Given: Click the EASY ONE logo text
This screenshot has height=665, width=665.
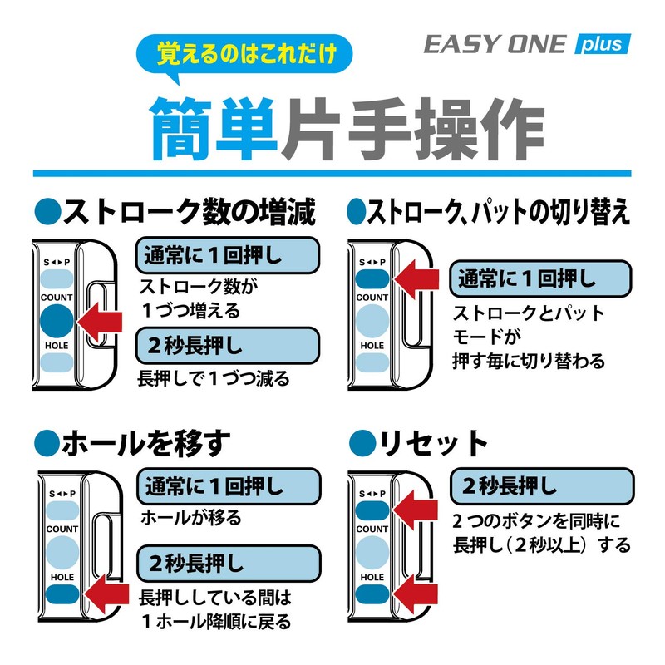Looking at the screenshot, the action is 495,44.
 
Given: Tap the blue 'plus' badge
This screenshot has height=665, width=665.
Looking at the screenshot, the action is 603,44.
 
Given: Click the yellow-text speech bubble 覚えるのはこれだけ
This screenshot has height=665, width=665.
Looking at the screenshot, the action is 244,54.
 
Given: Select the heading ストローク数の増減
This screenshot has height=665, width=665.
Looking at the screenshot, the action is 175,212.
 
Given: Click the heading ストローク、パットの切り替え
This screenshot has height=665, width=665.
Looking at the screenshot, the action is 489,212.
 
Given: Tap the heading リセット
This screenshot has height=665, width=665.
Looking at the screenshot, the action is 419,443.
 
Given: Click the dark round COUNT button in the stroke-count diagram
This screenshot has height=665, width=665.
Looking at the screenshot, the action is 57,321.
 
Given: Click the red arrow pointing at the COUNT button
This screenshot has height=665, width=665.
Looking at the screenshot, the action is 100,322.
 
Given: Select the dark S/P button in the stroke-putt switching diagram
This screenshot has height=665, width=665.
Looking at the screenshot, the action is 372,279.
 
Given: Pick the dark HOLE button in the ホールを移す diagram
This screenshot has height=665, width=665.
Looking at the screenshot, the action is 62,594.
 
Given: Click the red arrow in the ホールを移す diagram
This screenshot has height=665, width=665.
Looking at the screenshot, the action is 106,594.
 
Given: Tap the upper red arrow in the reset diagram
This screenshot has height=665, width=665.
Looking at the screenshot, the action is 415,510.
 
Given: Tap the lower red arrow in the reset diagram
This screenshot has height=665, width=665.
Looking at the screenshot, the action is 415,594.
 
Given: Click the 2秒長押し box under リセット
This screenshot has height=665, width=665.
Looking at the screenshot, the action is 542,486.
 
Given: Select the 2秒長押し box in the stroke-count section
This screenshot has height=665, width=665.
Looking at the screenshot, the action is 227,346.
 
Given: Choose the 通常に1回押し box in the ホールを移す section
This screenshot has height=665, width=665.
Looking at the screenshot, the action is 229,486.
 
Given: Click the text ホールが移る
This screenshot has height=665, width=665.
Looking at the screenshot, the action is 191,518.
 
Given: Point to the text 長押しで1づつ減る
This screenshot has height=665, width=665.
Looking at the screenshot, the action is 214,378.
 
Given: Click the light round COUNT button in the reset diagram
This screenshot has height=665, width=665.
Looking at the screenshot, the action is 372,553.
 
